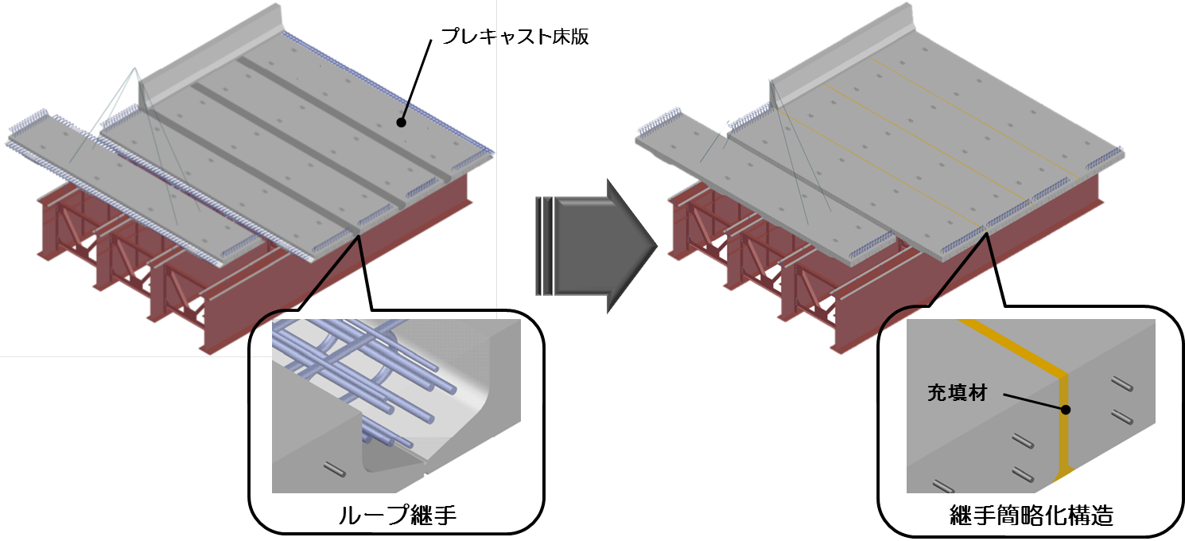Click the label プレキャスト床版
click(515, 37)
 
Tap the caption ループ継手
click(397, 515)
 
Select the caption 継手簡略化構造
click(1031, 516)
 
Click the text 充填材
click(957, 393)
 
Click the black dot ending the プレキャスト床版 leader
click(401, 123)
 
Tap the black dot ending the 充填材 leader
click(1066, 410)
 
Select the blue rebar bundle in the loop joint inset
click(359, 371)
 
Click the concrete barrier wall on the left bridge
click(212, 58)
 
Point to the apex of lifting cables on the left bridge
click(135, 68)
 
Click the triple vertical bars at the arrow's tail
click(544, 246)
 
